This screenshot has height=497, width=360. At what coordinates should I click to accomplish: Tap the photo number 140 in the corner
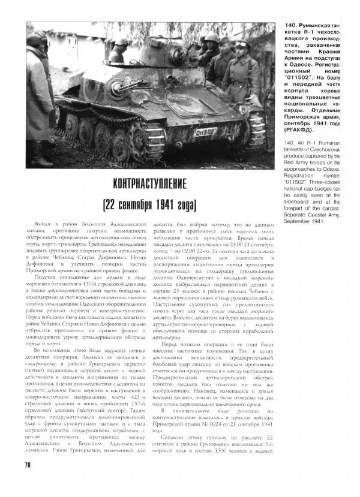268,28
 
